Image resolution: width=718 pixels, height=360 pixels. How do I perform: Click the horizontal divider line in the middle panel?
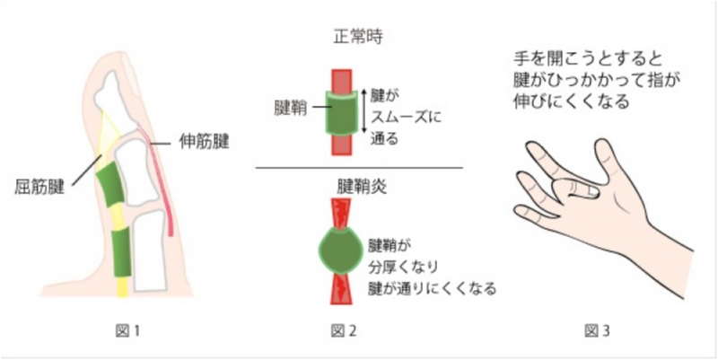359,168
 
